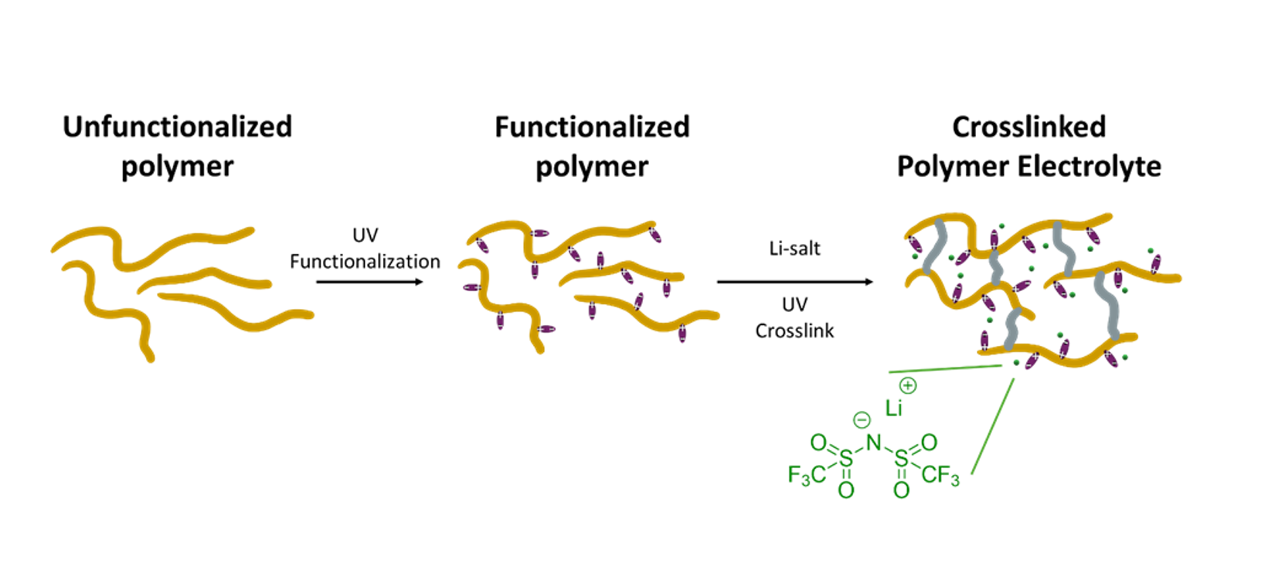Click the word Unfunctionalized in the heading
(x=178, y=127)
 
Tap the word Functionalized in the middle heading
(x=592, y=127)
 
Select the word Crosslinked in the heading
(x=1029, y=127)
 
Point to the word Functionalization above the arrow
(x=365, y=262)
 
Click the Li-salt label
(x=794, y=248)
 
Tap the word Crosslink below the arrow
(x=794, y=331)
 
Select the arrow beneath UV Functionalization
(x=369, y=282)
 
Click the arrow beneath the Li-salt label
(x=794, y=282)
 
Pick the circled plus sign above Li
(x=908, y=386)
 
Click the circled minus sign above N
(x=862, y=421)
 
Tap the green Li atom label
(x=893, y=408)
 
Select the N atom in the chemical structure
(x=874, y=442)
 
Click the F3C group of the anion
(x=807, y=475)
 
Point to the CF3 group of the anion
(x=940, y=476)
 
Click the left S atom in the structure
(x=846, y=459)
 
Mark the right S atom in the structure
(x=901, y=459)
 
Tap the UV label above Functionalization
(x=365, y=235)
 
